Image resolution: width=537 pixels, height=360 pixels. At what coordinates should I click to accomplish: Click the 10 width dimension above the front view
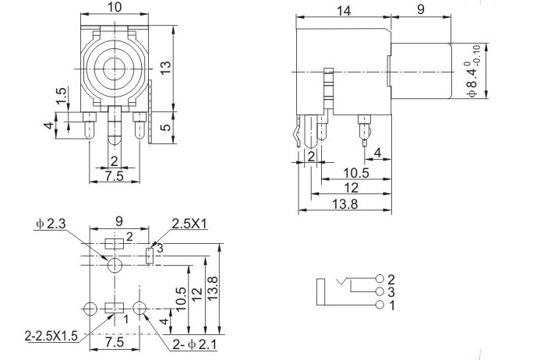coord(114,7)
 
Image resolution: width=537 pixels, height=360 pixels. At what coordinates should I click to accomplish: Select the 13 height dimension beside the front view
coord(165,67)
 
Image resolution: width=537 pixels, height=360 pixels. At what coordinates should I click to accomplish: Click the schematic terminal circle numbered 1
coord(380,305)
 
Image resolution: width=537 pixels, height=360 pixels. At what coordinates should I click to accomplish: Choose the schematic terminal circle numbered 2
coord(380,279)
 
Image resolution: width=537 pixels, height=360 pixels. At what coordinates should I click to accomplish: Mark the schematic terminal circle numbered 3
coord(380,291)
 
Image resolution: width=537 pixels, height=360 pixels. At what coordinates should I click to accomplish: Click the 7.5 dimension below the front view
coord(114,176)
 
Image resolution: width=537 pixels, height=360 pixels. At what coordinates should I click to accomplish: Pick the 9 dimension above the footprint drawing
coord(118,221)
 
